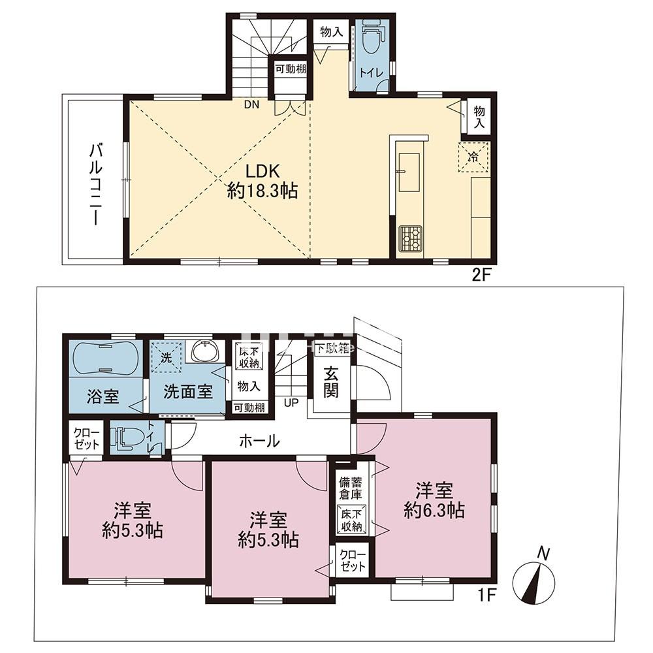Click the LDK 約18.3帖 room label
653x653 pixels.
(263, 181)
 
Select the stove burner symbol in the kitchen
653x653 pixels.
(410, 238)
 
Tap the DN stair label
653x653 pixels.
(251, 104)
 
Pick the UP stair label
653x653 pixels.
(291, 402)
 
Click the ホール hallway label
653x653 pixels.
(259, 441)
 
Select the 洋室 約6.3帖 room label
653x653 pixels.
(434, 500)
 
